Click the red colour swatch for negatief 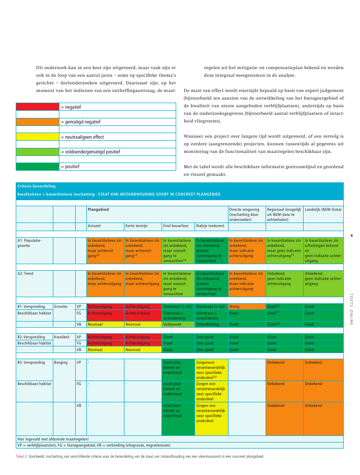[x=38, y=107]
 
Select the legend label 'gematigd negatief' [x=80, y=122]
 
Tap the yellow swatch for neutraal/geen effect [x=38, y=137]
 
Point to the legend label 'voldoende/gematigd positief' [x=90, y=151]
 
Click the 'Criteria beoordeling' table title [x=37, y=186]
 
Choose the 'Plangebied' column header [x=98, y=209]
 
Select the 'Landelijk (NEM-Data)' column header [x=322, y=209]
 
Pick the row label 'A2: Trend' [x=25, y=273]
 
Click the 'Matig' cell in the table [x=234, y=306]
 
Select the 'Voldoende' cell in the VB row [x=173, y=324]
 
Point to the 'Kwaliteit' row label [x=61, y=337]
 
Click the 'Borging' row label [x=60, y=362]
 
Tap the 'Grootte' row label [x=60, y=306]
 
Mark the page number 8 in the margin [x=351, y=235]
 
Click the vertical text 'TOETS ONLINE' [x=351, y=308]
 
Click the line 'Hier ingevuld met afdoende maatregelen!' [x=53, y=439]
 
